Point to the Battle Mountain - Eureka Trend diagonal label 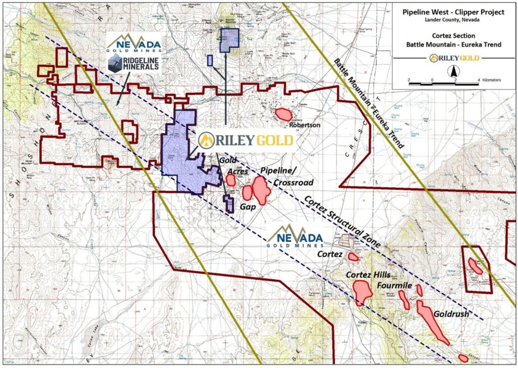[369, 102]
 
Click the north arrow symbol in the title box [454, 72]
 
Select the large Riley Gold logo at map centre [245, 140]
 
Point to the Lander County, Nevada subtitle [454, 20]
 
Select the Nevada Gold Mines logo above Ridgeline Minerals [134, 44]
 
